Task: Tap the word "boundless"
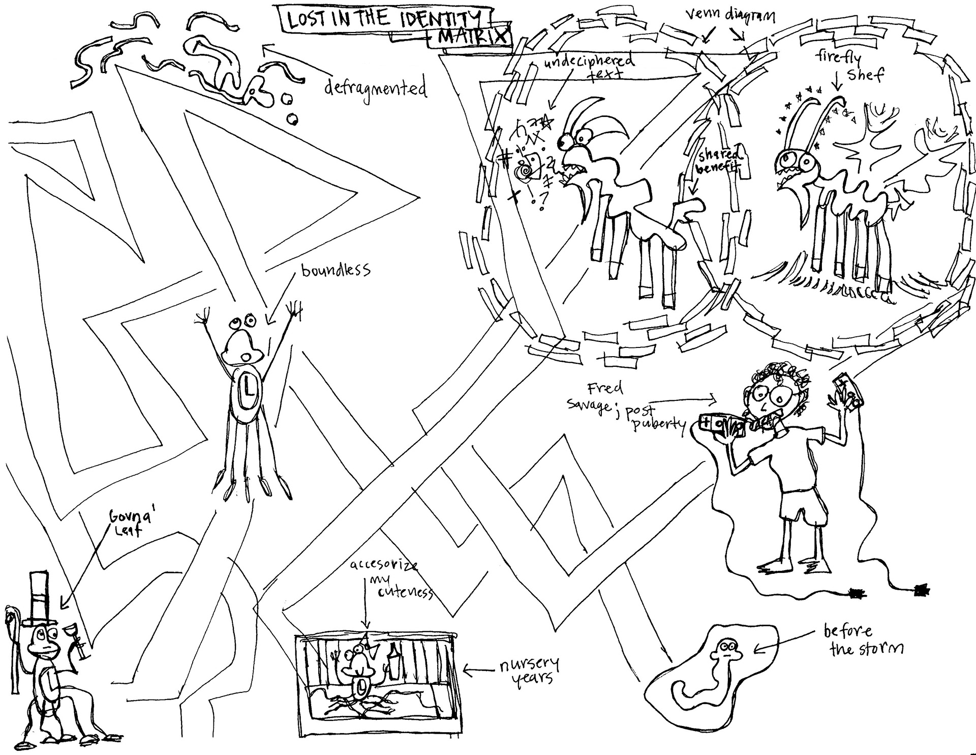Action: point(335,269)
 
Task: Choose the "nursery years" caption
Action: point(529,671)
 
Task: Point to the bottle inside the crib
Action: point(393,661)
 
